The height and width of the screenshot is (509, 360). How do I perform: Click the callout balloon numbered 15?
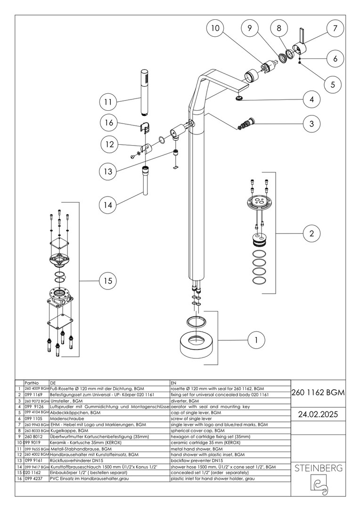[x=108, y=281]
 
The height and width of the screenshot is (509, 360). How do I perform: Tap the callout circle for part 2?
[x=311, y=233]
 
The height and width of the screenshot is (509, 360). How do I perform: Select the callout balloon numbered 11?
[x=108, y=101]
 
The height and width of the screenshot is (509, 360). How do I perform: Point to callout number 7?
[x=335, y=29]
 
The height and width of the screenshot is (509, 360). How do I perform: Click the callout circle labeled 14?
[x=108, y=205]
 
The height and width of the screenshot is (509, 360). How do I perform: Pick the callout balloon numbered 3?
[x=311, y=124]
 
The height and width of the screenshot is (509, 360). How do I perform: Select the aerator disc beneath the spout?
[x=240, y=98]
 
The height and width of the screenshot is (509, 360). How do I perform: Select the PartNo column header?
[x=32, y=383]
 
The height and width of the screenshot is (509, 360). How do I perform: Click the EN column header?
[x=173, y=383]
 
